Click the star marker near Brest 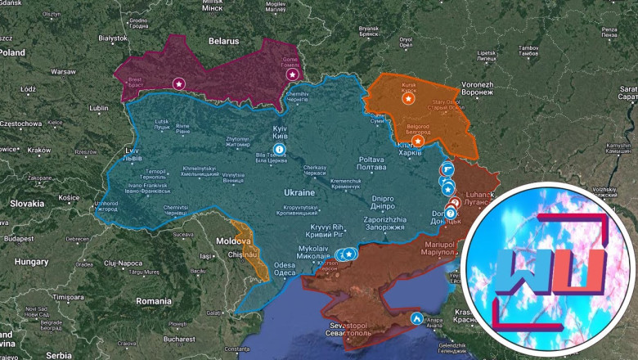178,83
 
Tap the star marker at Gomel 292,74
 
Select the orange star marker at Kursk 407,98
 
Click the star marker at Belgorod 418,141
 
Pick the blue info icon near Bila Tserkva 280,149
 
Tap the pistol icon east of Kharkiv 447,167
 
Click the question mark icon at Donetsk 450,214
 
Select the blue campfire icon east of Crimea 417,317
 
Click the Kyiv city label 280,133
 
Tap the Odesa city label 284,269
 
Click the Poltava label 371,163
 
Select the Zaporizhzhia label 384,224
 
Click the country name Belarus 222,40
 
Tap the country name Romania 154,301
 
